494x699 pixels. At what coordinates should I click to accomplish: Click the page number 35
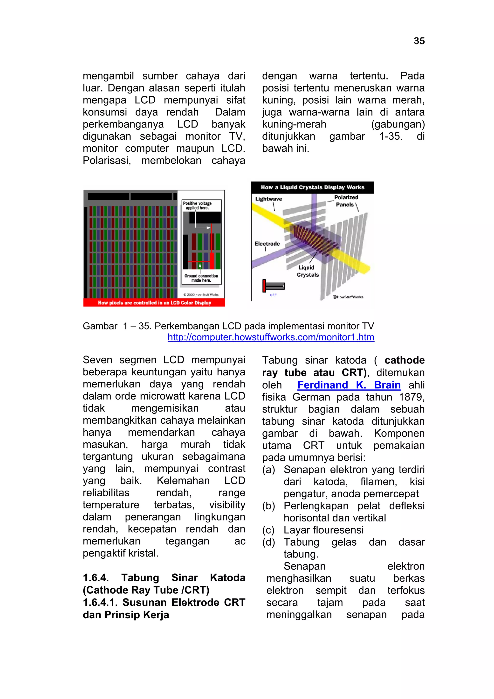[x=419, y=41]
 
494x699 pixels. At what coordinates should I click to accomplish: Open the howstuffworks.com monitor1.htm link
[x=271, y=337]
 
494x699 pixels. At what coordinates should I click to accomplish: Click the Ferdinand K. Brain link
[x=349, y=385]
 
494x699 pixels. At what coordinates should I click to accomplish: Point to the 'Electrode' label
[x=267, y=244]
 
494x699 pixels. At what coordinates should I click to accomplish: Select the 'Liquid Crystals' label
[x=307, y=271]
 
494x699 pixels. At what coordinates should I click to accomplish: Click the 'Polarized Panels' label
[x=346, y=201]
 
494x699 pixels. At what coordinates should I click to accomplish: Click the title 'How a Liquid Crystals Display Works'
[x=312, y=187]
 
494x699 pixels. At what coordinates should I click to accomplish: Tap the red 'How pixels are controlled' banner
[x=154, y=303]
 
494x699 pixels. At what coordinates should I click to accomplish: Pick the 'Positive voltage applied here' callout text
[x=197, y=206]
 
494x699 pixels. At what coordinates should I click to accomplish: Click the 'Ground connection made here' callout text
[x=201, y=278]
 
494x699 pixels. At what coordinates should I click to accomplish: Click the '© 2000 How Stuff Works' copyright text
[x=201, y=294]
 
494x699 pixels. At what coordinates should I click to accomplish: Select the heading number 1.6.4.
[x=96, y=578]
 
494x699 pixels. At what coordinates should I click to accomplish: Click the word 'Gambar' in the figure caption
[x=100, y=326]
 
